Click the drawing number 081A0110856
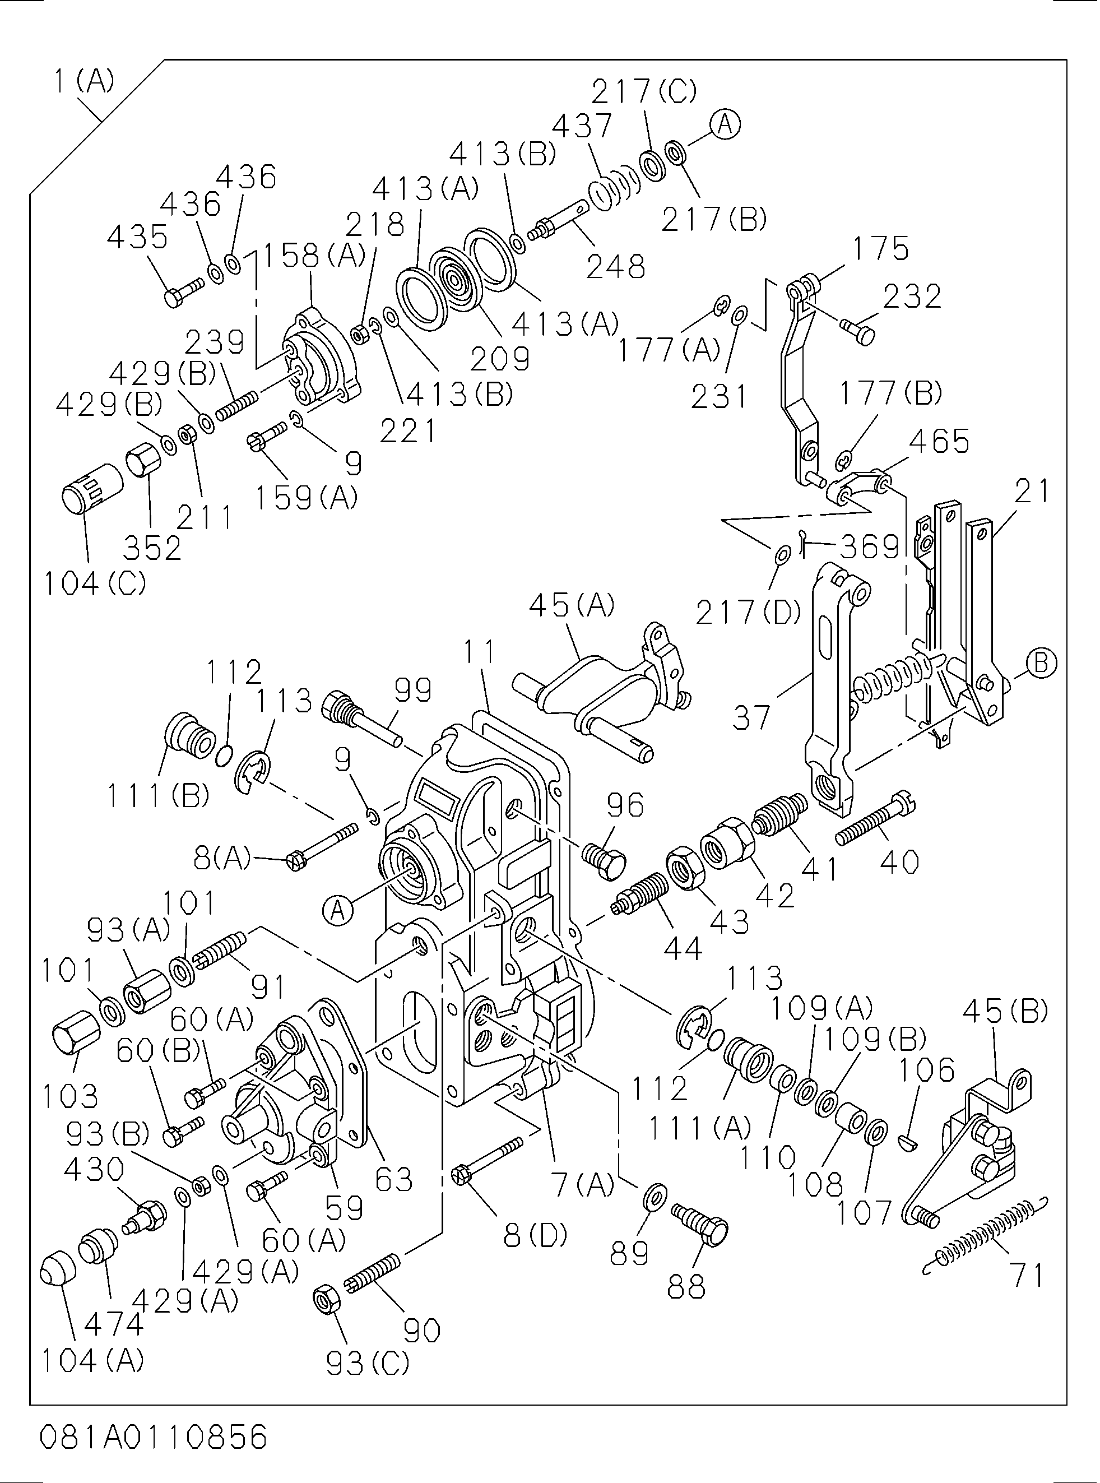pyautogui.click(x=153, y=1437)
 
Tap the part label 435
pyautogui.click(x=137, y=237)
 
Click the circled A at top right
pyautogui.click(x=725, y=124)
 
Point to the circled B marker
pyautogui.click(x=1042, y=662)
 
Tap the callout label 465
pyautogui.click(x=939, y=441)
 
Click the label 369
pyautogui.click(x=870, y=546)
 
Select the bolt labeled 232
pyautogui.click(x=857, y=330)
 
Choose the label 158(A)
pyautogui.click(x=313, y=255)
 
